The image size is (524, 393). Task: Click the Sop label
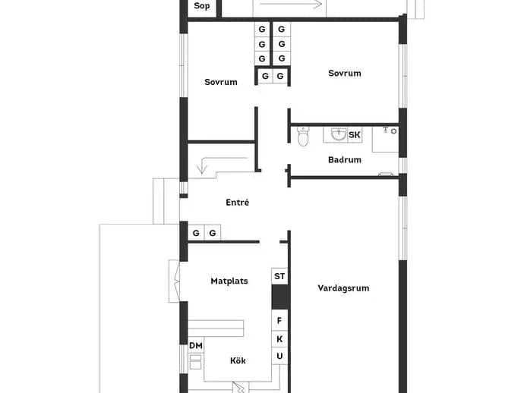click(202, 5)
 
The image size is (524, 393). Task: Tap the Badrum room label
click(345, 159)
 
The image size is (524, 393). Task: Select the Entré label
click(237, 203)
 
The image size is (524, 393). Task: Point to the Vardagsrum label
click(343, 288)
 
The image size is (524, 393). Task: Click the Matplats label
click(229, 281)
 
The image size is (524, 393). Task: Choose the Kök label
click(238, 360)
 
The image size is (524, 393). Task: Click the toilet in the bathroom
click(303, 137)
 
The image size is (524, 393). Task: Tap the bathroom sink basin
click(339, 134)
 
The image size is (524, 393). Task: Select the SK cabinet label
click(354, 135)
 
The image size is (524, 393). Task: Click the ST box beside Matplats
click(279, 276)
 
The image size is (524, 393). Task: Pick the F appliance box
click(279, 320)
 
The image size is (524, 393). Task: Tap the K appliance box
click(279, 339)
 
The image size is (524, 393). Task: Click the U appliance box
click(279, 357)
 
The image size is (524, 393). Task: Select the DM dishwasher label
click(196, 346)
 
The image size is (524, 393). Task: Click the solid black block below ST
click(279, 297)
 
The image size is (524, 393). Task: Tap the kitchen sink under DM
click(195, 362)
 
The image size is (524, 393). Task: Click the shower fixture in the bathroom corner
click(390, 130)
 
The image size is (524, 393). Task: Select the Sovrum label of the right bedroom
click(345, 73)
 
